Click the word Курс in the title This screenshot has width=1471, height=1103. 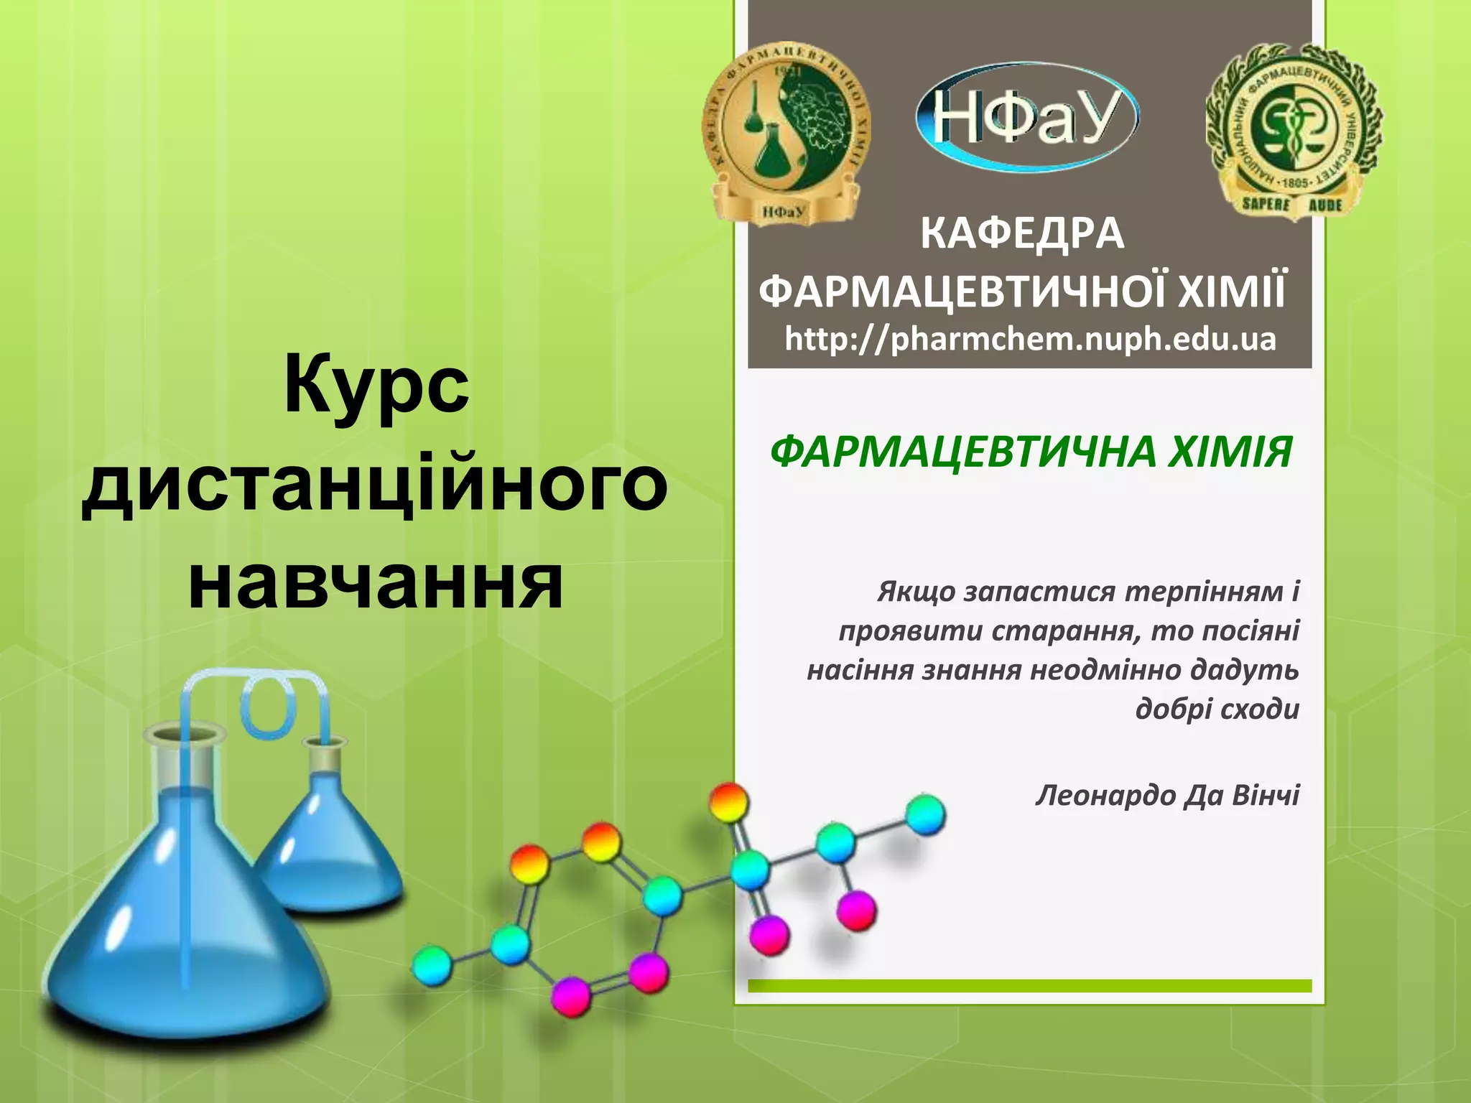[x=376, y=385]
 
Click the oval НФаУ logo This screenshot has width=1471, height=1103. [x=1027, y=116]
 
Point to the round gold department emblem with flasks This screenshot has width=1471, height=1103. [x=786, y=133]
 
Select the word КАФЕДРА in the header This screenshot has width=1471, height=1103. [x=1022, y=234]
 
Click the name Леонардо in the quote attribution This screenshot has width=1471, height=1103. [x=1103, y=796]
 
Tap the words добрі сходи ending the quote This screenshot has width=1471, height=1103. [x=1217, y=709]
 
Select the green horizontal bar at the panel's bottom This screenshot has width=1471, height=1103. [x=1029, y=986]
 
